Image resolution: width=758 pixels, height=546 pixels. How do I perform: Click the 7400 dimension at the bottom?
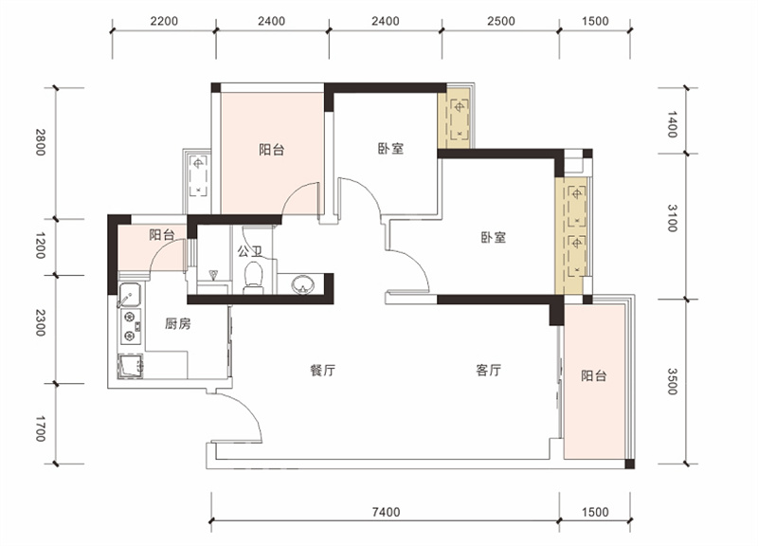click(x=387, y=512)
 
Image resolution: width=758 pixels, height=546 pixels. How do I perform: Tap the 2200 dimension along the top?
click(x=164, y=21)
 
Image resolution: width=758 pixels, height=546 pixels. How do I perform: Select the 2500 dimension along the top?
click(x=501, y=21)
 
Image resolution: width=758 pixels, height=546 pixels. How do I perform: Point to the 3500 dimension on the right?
click(x=673, y=382)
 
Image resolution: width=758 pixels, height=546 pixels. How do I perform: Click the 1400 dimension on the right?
click(x=673, y=124)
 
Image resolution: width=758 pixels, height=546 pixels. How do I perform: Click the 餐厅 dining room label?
click(x=322, y=371)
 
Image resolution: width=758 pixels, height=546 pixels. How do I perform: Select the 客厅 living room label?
click(x=488, y=371)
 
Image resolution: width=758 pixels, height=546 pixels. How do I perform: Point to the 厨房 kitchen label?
click(x=178, y=323)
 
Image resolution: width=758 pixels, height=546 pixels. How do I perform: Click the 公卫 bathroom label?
click(x=249, y=251)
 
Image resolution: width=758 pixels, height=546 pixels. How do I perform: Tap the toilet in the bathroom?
click(x=253, y=278)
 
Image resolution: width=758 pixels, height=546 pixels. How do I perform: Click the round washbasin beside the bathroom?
click(x=302, y=284)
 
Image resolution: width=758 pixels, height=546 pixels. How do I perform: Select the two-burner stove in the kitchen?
click(x=131, y=326)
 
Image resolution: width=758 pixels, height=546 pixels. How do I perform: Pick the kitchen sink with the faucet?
click(x=130, y=295)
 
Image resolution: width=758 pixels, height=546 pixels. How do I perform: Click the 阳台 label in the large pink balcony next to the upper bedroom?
click(x=272, y=150)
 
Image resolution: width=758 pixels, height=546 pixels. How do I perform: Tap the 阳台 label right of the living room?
click(x=594, y=375)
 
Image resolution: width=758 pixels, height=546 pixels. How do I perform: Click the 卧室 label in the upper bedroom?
click(x=390, y=149)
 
